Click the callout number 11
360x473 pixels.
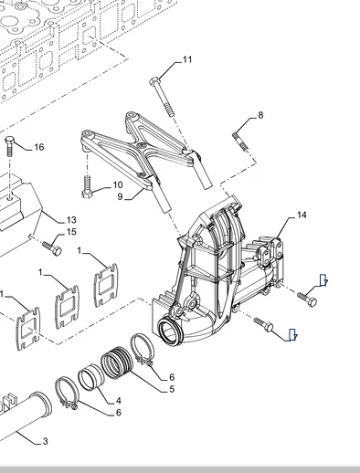[x=187, y=59]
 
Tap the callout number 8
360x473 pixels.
[x=260, y=115]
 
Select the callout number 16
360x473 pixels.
[x=39, y=147]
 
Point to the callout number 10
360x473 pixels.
[x=118, y=184]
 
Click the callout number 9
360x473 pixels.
[x=120, y=196]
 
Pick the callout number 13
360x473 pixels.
[x=71, y=220]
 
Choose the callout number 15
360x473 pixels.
[x=71, y=232]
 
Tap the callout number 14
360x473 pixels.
[x=302, y=215]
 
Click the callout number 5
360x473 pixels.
[x=172, y=389]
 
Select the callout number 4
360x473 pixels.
[x=119, y=401]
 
